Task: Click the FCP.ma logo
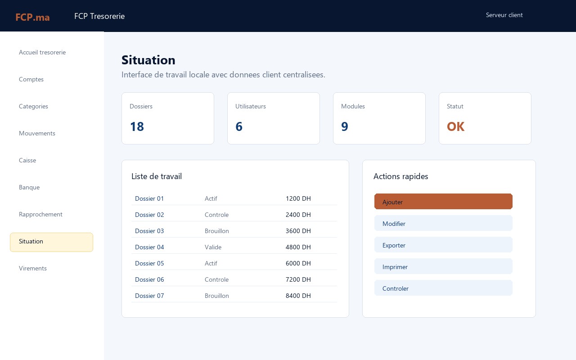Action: (x=32, y=17)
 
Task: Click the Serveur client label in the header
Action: (x=504, y=15)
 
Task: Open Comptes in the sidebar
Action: (x=31, y=79)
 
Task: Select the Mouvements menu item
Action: (x=37, y=133)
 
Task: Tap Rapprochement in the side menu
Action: (x=40, y=214)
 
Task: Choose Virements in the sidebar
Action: (x=33, y=268)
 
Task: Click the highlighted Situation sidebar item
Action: (x=51, y=242)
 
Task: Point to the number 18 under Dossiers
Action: (x=137, y=126)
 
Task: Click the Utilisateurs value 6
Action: (x=239, y=126)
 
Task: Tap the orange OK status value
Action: (x=455, y=126)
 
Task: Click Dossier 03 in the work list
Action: (x=149, y=231)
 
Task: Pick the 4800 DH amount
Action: (x=298, y=247)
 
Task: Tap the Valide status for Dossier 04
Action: (x=213, y=247)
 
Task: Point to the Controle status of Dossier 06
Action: (x=216, y=279)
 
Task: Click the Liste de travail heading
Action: (x=157, y=176)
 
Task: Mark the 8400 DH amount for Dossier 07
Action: (x=298, y=296)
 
